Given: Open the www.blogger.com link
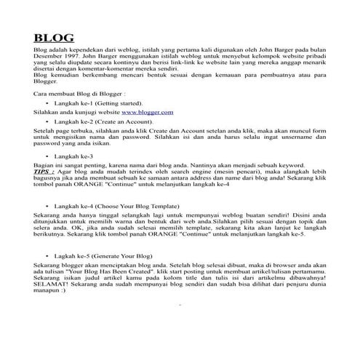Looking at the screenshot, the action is tap(147, 112).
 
